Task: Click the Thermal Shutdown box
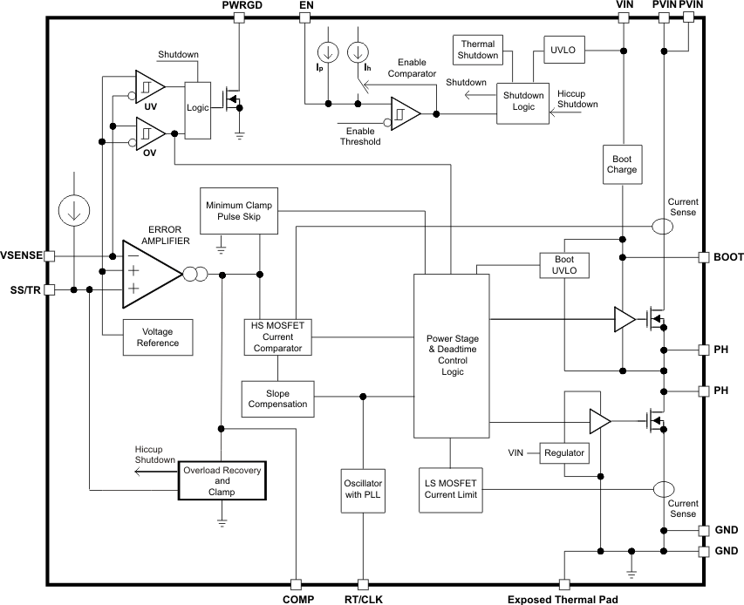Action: coord(478,50)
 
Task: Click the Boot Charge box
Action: coord(622,164)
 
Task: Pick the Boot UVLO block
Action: coord(564,266)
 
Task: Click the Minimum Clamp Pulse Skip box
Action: coord(239,210)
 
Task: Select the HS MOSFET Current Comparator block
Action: coord(277,336)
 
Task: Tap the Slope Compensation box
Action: coord(277,398)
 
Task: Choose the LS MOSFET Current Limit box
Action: coord(450,489)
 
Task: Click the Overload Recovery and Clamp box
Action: coord(222,480)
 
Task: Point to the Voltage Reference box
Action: coord(157,336)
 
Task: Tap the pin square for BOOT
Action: coord(703,257)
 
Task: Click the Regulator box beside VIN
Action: coord(563,452)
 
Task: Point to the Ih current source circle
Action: coord(358,53)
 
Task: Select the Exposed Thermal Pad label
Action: coord(563,599)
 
